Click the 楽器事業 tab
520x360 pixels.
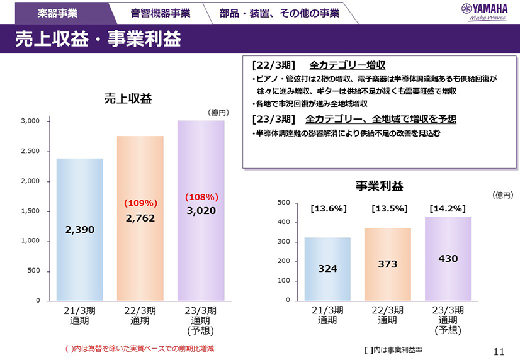tap(57, 13)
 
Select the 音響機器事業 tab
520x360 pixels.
tap(161, 13)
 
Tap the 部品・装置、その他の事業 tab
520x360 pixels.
tap(279, 13)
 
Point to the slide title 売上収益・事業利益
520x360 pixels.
tap(98, 39)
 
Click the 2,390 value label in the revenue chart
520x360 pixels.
tap(79, 230)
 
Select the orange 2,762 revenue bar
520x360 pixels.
tap(140, 252)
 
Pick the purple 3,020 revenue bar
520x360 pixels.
tap(201, 252)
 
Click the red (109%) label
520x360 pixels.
tap(140, 203)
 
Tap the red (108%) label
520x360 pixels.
tap(201, 197)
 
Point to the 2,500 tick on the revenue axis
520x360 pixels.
tap(31, 151)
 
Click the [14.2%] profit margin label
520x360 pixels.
tap(447, 208)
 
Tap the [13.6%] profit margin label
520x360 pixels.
tap(328, 208)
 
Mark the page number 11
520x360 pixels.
tap(499, 350)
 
